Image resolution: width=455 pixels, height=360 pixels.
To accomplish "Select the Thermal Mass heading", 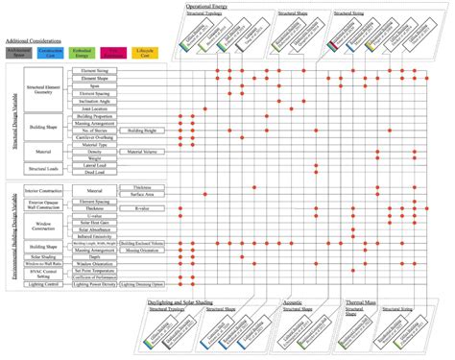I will [x=363, y=300].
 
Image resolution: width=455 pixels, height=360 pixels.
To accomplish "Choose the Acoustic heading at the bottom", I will [x=293, y=300].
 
